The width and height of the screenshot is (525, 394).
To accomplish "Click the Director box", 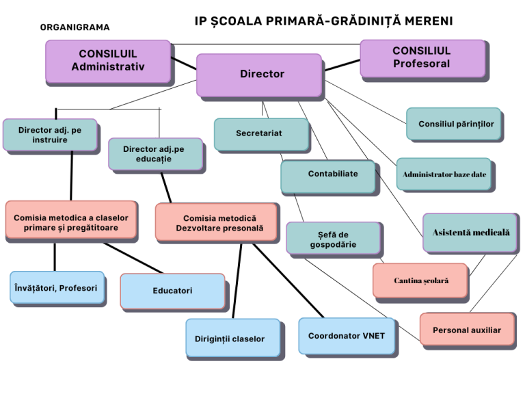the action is tap(259, 75).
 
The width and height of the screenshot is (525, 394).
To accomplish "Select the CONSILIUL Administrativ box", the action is tap(108, 62).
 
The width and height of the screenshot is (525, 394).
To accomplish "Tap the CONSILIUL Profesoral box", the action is tap(422, 58).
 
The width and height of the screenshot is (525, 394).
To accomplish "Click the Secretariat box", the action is tap(261, 134).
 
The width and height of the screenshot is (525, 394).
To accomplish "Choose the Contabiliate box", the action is tap(328, 176).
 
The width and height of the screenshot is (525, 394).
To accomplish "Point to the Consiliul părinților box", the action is tap(454, 124).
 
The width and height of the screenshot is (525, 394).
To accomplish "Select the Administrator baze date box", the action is tap(444, 174).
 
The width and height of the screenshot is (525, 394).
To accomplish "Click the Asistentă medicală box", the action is tap(470, 233).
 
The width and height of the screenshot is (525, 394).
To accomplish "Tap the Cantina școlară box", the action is tap(420, 280).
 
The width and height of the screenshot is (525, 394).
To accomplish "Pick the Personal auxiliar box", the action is tap(467, 329).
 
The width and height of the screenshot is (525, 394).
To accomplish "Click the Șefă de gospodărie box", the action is tap(334, 238).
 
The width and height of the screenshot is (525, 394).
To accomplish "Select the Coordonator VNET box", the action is tap(347, 336).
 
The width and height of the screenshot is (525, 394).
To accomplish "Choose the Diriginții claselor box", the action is tap(233, 338).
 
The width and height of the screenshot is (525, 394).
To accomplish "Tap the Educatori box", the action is tap(173, 291).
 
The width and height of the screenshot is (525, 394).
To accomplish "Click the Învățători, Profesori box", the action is tap(57, 287).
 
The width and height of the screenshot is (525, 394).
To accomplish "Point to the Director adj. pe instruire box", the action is tap(50, 135).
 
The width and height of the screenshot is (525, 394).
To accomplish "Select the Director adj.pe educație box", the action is tap(156, 154).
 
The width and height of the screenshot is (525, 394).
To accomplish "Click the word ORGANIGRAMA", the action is tap(75, 27).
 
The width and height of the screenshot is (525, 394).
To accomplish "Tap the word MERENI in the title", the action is tap(429, 21).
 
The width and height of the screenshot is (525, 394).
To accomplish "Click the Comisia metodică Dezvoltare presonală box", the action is tap(217, 222).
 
